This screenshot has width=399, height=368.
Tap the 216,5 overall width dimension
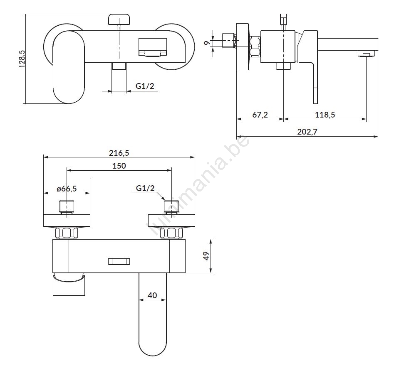point(119,153)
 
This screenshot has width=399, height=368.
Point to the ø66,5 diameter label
point(67,189)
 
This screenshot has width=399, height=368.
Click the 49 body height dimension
point(206,256)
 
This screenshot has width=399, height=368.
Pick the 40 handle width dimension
point(152,295)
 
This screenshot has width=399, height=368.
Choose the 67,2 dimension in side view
point(260,115)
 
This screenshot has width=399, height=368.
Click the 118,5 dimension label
point(325,115)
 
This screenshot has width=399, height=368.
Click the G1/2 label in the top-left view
point(145,86)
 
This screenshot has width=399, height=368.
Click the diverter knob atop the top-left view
point(119,19)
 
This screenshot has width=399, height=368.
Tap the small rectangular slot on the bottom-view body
point(119,261)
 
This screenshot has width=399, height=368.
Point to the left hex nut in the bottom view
point(67,233)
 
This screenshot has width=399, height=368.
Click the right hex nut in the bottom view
point(171,233)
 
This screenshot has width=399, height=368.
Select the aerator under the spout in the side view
point(366,54)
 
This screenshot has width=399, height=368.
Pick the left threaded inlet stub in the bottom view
point(67,207)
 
